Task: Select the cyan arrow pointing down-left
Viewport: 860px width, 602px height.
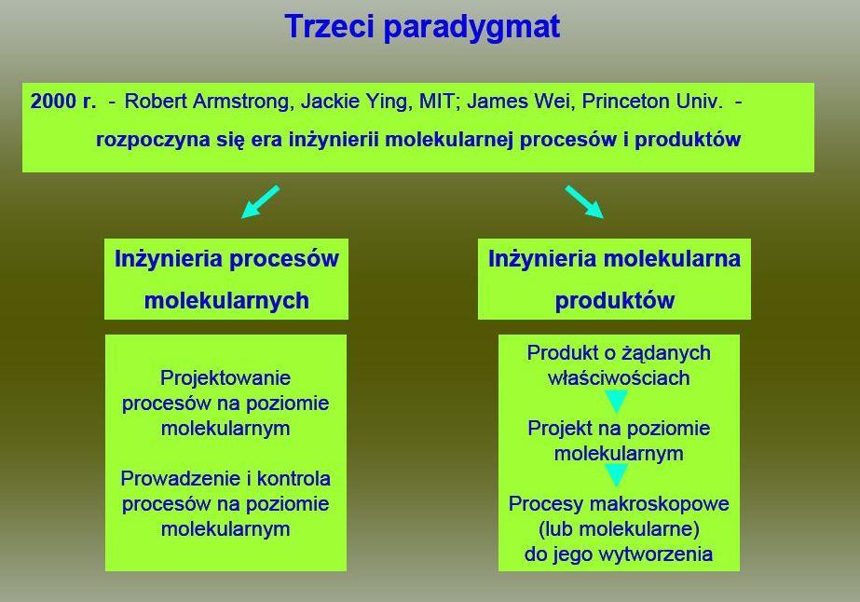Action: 261,202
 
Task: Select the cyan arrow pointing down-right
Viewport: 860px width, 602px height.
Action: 584,202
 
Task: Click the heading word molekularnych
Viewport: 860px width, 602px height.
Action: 226,301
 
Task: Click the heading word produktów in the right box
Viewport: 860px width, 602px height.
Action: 615,301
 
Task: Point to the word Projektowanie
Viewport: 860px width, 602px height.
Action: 225,377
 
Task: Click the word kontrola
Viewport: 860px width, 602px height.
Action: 294,479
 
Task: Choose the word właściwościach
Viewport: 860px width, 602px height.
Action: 619,377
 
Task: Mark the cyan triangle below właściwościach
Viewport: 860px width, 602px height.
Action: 617,401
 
